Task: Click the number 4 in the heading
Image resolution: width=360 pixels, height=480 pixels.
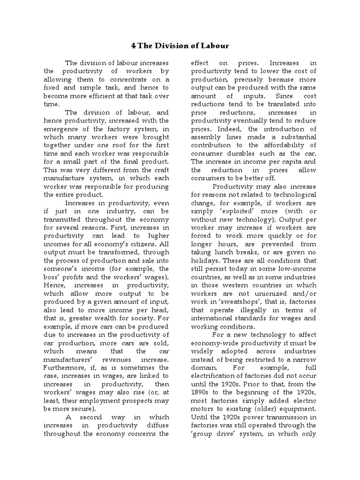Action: pyautogui.click(x=133, y=45)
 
